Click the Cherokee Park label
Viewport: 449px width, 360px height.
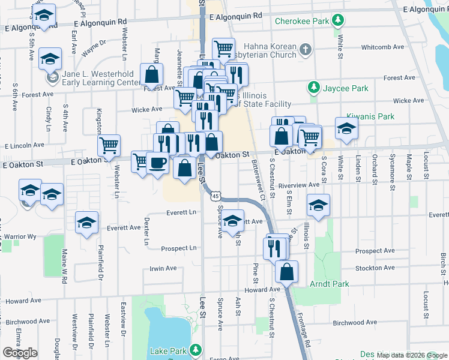pyautogui.click(x=303, y=21)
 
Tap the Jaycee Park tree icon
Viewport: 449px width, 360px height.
pyautogui.click(x=313, y=88)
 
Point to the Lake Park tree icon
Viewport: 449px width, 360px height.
pyautogui.click(x=195, y=350)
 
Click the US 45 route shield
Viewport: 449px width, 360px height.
pyautogui.click(x=215, y=196)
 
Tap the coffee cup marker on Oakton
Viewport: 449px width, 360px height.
pyautogui.click(x=157, y=163)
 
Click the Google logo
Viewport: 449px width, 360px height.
pyautogui.click(x=20, y=353)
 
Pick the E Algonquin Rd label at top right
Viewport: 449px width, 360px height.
pyautogui.click(x=424, y=10)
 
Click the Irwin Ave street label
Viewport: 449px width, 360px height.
pyautogui.click(x=163, y=268)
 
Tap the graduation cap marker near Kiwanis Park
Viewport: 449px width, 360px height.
pyautogui.click(x=346, y=128)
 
